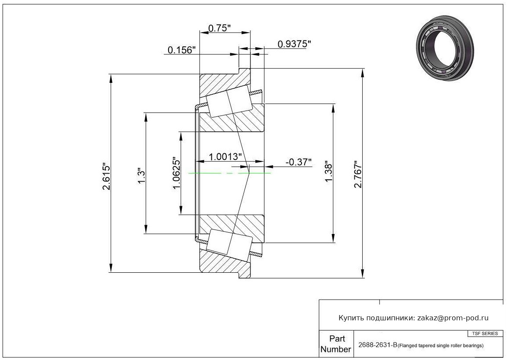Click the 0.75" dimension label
click(219, 28)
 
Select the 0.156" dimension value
click(182, 50)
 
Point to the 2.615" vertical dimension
click(107, 176)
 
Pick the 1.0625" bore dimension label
click(177, 173)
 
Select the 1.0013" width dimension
click(225, 157)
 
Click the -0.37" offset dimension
click(298, 162)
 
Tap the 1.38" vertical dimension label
click(329, 172)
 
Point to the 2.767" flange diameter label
click(358, 174)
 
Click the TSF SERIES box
click(485, 334)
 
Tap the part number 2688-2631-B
click(378, 345)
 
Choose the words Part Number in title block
click(336, 344)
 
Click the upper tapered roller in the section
click(229, 101)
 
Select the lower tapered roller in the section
click(229, 245)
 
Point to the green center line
click(229, 173)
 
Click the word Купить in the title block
click(351, 318)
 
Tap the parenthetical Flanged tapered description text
click(441, 345)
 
